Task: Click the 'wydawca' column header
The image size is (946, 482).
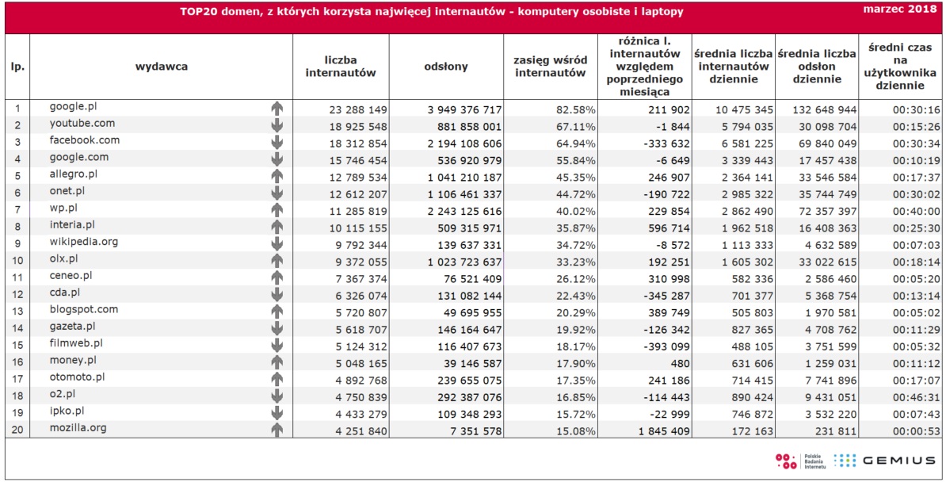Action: point(161,67)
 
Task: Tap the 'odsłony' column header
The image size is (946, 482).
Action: point(446,67)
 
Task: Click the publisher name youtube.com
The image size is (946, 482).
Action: point(82,124)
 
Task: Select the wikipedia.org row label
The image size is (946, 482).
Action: point(84,242)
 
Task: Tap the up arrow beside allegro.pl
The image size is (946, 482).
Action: point(277,175)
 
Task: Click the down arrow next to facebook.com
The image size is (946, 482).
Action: point(277,143)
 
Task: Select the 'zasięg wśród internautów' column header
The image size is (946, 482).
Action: point(550,67)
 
